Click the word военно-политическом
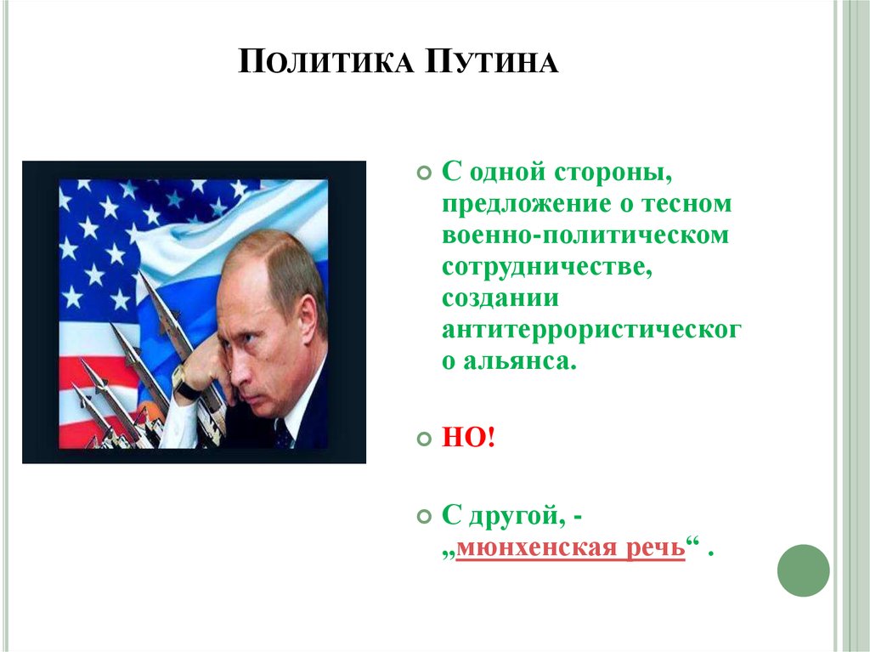[585, 235]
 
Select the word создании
[500, 298]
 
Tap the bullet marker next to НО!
[424, 440]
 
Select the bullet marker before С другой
[424, 517]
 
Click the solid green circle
[803, 570]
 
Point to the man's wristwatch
[187, 384]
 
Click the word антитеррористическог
[591, 330]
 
